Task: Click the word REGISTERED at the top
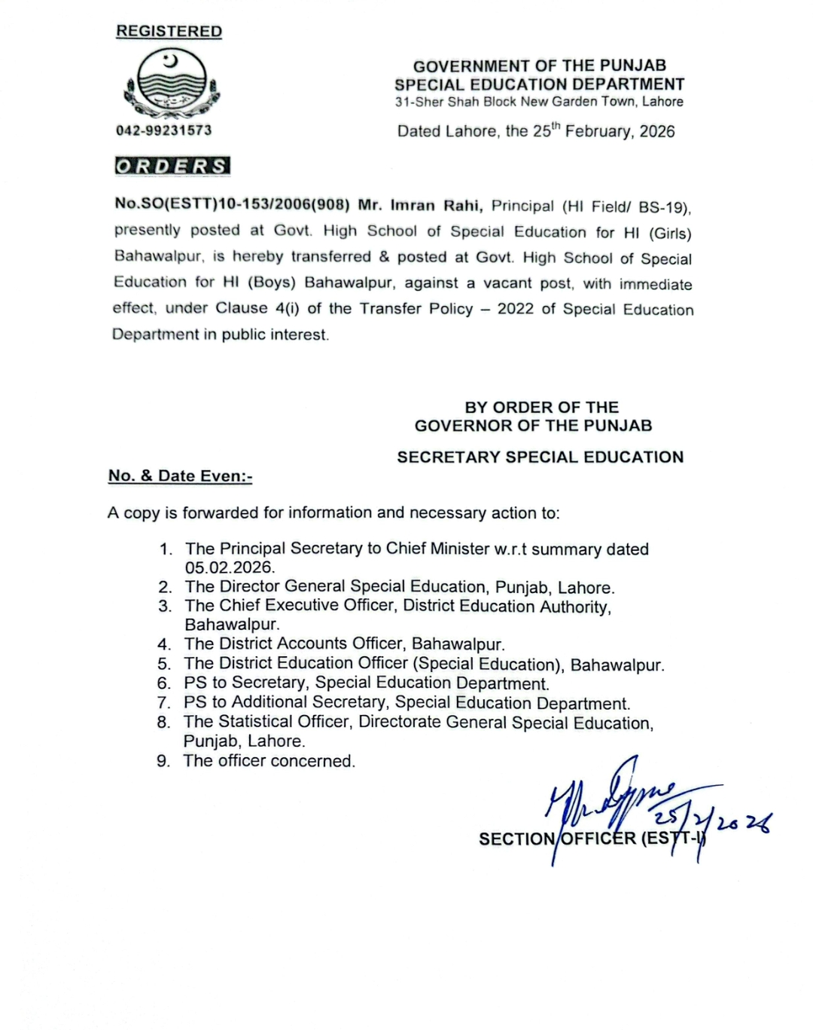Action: (169, 32)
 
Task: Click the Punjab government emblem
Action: (172, 84)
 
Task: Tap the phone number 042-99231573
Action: (164, 130)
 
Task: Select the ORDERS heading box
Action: (172, 166)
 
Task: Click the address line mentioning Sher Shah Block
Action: (539, 102)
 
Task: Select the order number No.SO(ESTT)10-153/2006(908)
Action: (232, 204)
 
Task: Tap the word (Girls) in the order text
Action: (670, 233)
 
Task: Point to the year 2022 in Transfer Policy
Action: (516, 309)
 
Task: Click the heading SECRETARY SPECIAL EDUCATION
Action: (540, 457)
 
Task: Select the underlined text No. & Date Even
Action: (180, 476)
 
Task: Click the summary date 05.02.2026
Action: (230, 567)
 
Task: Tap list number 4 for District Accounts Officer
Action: (164, 644)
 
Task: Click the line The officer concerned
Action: (269, 761)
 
